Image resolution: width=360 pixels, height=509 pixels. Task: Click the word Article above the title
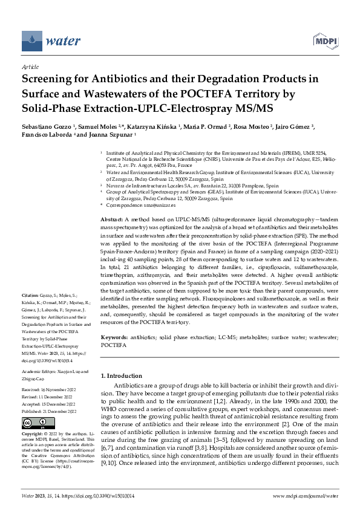[30, 68]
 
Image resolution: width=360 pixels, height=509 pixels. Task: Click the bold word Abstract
[111, 217]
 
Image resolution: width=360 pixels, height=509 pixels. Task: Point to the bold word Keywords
[114, 337]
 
